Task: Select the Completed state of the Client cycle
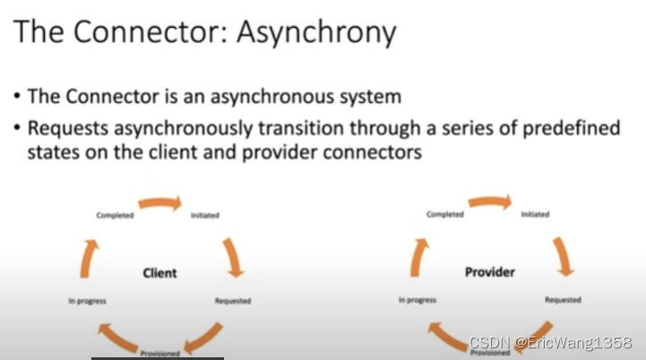coord(115,216)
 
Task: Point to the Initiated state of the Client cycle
coord(206,216)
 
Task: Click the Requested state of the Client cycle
coord(233,301)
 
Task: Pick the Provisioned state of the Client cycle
coord(159,353)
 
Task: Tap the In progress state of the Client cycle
coord(87,301)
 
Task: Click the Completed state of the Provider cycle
coord(445,214)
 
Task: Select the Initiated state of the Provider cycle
coord(535,214)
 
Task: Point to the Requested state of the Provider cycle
coord(563,300)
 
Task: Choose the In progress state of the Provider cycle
coord(418,300)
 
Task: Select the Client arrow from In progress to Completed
coord(86,258)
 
